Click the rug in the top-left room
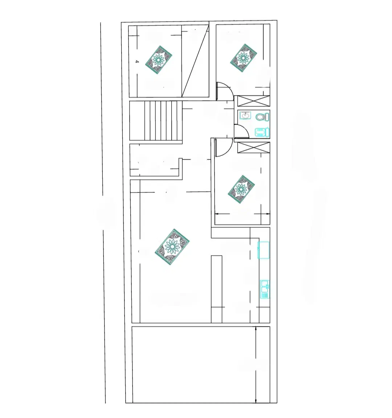pyautogui.click(x=159, y=60)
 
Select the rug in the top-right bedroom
pyautogui.click(x=243, y=58)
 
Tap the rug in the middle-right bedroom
pyautogui.click(x=241, y=189)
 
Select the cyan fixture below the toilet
pyautogui.click(x=262, y=132)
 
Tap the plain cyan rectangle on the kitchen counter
pyautogui.click(x=264, y=250)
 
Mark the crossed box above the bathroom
pyautogui.click(x=253, y=101)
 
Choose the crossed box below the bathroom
pyautogui.click(x=253, y=148)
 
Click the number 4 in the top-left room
pyautogui.click(x=137, y=62)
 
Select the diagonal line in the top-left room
pyautogui.click(x=195, y=61)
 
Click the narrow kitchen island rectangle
pyautogui.click(x=216, y=289)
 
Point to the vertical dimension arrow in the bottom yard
pyautogui.click(x=256, y=365)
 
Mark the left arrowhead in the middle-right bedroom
pyautogui.click(x=217, y=214)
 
